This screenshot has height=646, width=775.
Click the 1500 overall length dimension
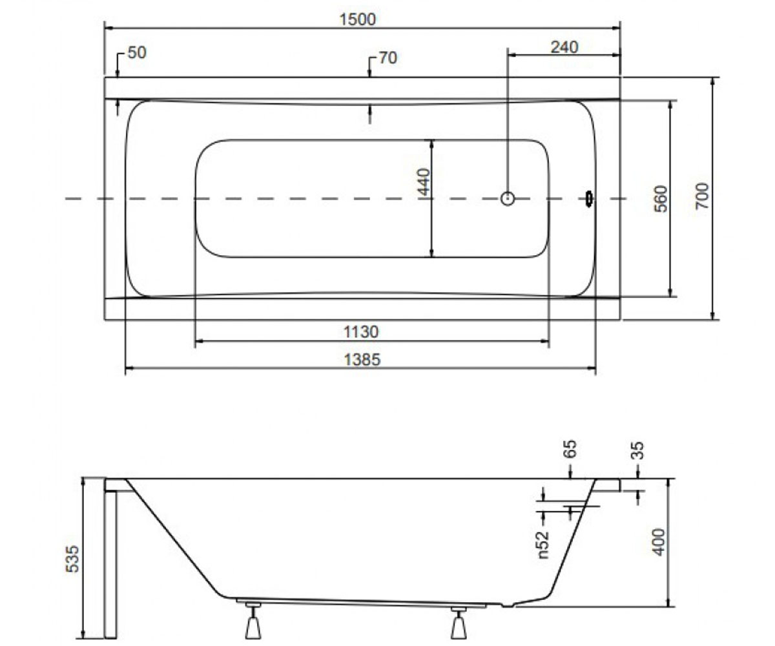click(357, 19)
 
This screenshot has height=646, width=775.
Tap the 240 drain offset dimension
click(564, 47)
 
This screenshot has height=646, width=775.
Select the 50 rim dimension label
click(137, 53)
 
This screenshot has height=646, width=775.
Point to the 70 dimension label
click(388, 58)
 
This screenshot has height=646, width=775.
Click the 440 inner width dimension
click(424, 182)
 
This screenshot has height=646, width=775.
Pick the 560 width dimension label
click(661, 198)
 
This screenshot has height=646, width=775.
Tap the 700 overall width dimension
click(702, 196)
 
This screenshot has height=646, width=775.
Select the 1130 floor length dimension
click(361, 331)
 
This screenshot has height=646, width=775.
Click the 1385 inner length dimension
click(362, 359)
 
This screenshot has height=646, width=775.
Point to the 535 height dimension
click(72, 559)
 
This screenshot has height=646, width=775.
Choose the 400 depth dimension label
click(659, 542)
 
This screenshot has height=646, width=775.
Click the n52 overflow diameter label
click(543, 545)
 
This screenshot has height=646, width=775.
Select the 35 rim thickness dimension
click(637, 450)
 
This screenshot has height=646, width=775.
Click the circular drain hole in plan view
click(508, 198)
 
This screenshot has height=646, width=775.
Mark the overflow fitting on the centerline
click(589, 198)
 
